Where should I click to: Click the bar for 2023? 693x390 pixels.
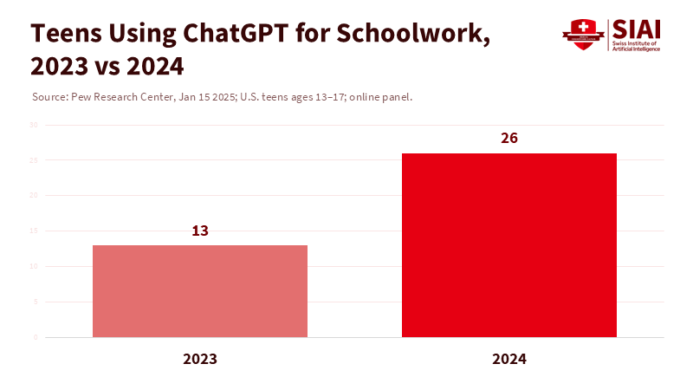click(200, 291)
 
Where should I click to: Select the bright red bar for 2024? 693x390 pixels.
click(509, 245)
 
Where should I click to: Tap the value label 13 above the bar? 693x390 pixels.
click(200, 231)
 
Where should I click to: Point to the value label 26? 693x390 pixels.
click(509, 139)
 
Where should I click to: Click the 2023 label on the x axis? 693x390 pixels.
click(200, 358)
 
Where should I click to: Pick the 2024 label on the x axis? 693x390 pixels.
click(509, 358)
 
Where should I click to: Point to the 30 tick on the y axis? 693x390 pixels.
click(34, 125)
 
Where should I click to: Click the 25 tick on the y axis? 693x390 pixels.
click(34, 160)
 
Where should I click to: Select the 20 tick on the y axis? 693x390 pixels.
click(34, 196)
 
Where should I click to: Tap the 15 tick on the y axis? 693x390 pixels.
click(34, 231)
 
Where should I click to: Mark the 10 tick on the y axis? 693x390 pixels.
click(34, 267)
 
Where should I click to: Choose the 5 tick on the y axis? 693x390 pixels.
click(36, 302)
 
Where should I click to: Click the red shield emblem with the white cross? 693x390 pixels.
click(582, 34)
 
